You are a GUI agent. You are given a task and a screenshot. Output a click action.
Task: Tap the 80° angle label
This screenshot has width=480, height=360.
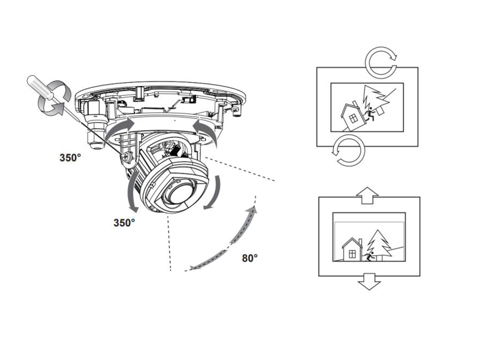tap(250, 258)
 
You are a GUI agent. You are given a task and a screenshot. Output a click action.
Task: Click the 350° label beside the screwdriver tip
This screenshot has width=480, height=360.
tap(70, 157)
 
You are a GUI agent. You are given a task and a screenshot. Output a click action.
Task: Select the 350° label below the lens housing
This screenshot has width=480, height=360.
tap(124, 223)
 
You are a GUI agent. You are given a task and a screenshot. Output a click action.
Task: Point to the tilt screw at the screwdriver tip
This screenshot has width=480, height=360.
tap(126, 157)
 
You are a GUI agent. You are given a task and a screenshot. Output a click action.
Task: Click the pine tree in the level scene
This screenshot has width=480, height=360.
tap(380, 245)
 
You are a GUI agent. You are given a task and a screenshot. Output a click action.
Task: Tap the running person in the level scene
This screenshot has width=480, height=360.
tap(369, 256)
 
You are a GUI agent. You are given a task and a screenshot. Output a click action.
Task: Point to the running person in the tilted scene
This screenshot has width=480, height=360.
tap(371, 115)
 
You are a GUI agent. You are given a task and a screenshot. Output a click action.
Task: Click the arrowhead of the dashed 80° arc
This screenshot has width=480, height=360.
tap(254, 209)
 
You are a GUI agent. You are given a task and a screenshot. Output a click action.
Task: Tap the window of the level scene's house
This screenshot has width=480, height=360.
tap(352, 253)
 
